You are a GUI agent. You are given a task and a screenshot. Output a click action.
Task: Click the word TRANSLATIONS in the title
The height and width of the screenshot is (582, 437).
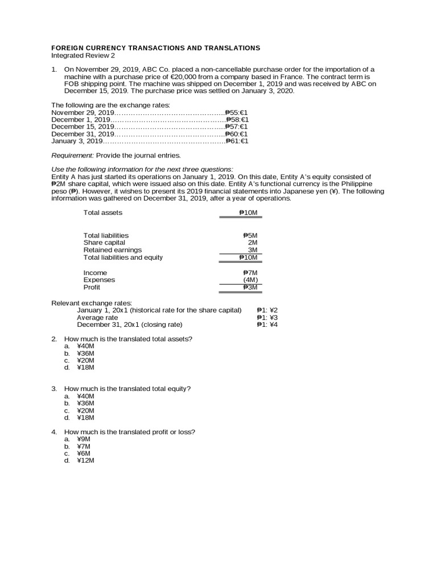(223, 48)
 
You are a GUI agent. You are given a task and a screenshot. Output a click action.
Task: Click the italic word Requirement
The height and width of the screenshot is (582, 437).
(72, 155)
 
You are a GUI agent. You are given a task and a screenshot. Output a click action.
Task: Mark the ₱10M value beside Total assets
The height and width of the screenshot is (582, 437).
(248, 213)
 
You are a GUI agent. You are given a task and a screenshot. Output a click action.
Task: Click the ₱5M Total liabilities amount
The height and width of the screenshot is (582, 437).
(250, 235)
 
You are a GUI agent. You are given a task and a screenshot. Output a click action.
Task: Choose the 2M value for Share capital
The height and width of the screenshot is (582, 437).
(253, 243)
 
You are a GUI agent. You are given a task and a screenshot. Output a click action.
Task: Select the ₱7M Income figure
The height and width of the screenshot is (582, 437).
(250, 273)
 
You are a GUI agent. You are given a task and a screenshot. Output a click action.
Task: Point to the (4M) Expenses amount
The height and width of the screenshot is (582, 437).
(250, 280)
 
